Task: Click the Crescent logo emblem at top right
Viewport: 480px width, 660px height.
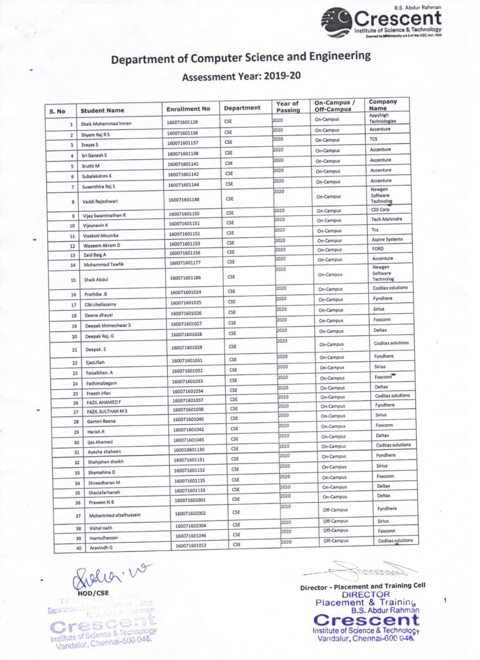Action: [337, 22]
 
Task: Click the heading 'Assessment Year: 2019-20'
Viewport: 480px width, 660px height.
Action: [241, 76]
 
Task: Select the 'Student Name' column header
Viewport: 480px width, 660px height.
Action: [102, 110]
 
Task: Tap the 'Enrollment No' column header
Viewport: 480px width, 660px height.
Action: [188, 109]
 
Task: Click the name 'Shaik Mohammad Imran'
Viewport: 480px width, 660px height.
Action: [107, 122]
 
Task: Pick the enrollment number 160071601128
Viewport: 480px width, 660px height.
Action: [183, 122]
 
